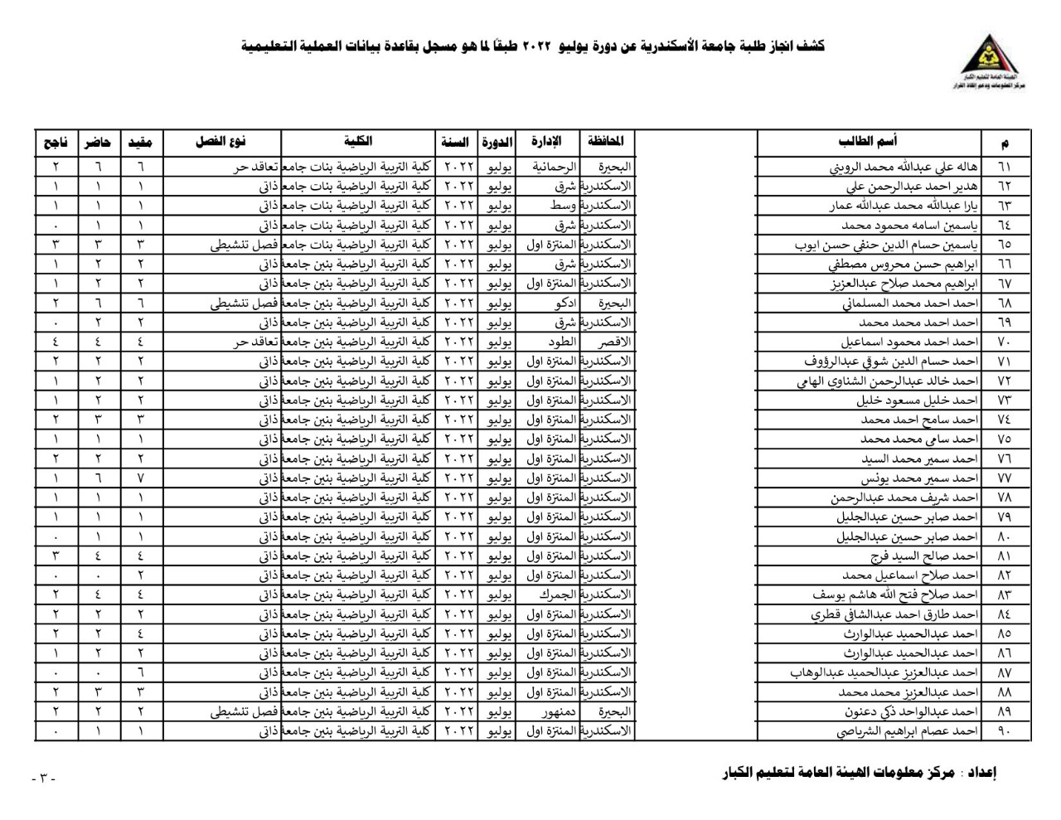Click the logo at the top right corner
click(x=992, y=61)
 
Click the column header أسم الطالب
click(x=868, y=142)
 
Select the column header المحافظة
click(x=605, y=142)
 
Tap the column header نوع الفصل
click(x=221, y=142)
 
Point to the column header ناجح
click(x=56, y=143)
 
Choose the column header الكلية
click(x=358, y=142)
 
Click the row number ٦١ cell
click(x=1004, y=167)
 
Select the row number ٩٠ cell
click(x=1004, y=731)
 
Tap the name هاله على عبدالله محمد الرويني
click(x=904, y=167)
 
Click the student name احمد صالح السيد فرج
click(x=923, y=556)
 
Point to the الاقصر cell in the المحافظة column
click(x=613, y=342)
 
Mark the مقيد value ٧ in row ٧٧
click(x=141, y=478)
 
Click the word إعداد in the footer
click(x=981, y=773)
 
